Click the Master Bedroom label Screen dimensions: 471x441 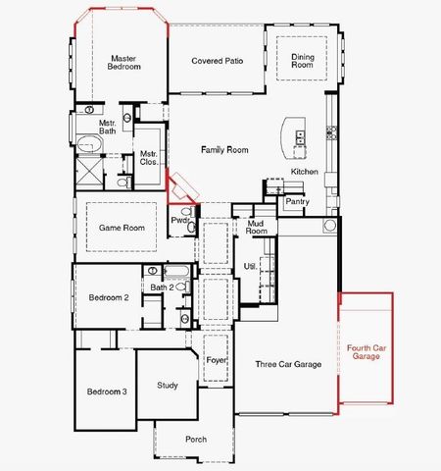pyautogui.click(x=124, y=63)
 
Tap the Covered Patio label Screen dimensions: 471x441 pyautogui.click(x=218, y=61)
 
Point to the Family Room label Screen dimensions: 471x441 pyautogui.click(x=224, y=150)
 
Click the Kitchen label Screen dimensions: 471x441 pyautogui.click(x=305, y=172)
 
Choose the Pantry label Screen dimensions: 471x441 pyautogui.click(x=298, y=202)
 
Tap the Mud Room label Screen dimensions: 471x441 pyautogui.click(x=257, y=228)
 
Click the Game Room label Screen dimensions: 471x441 pyautogui.click(x=122, y=228)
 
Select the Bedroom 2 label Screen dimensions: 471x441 pyautogui.click(x=109, y=297)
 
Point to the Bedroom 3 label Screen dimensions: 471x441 pyautogui.click(x=106, y=392)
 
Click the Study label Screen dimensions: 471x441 pyautogui.click(x=168, y=385)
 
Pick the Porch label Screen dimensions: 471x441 pyautogui.click(x=196, y=439)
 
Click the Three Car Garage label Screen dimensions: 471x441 pyautogui.click(x=288, y=364)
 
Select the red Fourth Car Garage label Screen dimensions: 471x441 pyautogui.click(x=366, y=351)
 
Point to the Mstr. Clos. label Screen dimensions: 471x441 pyautogui.click(x=149, y=158)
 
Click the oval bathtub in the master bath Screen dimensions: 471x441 pyautogui.click(x=88, y=145)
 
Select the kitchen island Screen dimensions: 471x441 pyautogui.click(x=293, y=137)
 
